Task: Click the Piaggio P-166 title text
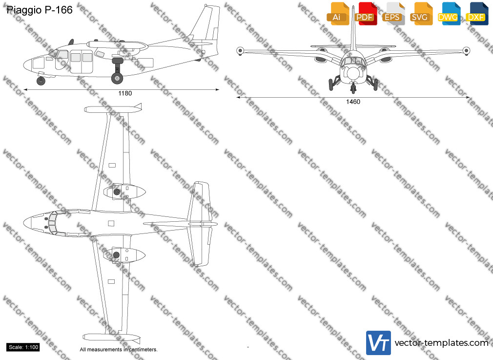pos(40,10)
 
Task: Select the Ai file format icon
pos(338,14)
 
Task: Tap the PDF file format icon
pos(366,14)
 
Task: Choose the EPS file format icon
pos(393,14)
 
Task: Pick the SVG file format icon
pos(421,14)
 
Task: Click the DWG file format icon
pos(449,14)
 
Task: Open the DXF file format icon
pos(477,14)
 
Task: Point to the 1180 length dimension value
pos(125,93)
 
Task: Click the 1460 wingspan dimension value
pos(353,102)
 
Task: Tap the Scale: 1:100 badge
pos(23,347)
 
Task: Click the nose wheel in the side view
pos(41,81)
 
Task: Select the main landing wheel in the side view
pos(117,78)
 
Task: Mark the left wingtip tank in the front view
pos(240,50)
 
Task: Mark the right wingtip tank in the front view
pos(466,50)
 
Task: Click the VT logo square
pos(379,343)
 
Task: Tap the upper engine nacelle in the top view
pos(124,191)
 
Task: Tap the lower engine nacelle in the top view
pos(124,255)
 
